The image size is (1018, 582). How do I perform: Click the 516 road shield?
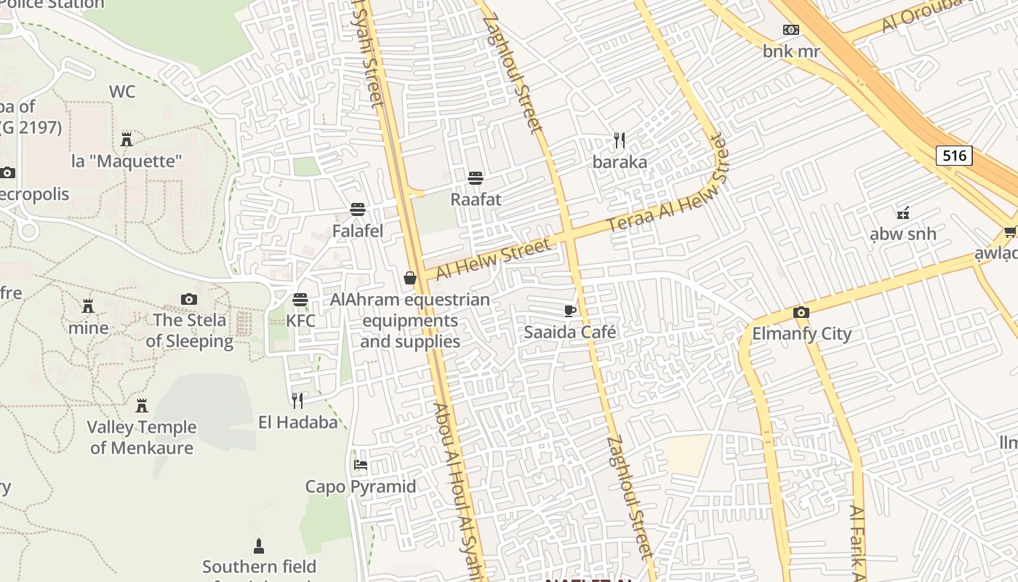pos(953,155)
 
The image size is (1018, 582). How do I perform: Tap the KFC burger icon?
pos(300,300)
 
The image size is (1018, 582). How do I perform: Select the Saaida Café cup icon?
pos(571,311)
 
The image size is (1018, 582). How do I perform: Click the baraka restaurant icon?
pos(620,140)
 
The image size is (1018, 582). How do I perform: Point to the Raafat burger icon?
pos(476,178)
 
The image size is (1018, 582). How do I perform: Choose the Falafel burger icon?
pos(357,210)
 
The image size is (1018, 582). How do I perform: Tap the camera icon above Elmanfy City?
pos(801,313)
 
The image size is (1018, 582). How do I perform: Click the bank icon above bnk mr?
pos(791,30)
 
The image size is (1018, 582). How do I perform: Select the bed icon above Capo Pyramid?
pos(360,465)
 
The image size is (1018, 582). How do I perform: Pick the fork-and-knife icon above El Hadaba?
pos(297,400)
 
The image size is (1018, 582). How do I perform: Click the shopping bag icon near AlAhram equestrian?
pos(410,278)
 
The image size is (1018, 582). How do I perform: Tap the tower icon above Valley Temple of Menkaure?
pos(142,405)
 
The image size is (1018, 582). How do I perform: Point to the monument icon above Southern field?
pos(258,546)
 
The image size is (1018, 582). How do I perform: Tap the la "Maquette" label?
pos(127,161)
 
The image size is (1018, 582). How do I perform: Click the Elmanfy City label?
pos(801,334)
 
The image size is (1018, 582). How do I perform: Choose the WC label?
pos(122,92)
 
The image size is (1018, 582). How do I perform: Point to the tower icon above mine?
pos(89,306)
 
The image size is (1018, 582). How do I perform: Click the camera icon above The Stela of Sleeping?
pos(189,300)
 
